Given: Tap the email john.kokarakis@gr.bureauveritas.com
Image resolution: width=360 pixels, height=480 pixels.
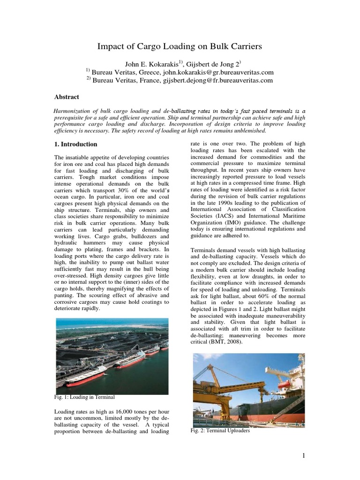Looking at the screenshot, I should (x=218, y=73).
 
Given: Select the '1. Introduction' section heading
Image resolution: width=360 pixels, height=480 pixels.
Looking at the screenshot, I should (x=76, y=144).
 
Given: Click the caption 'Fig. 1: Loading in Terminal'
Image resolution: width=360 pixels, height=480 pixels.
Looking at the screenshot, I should (x=85, y=397).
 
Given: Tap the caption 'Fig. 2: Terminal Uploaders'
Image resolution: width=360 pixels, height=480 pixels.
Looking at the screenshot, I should (x=220, y=431).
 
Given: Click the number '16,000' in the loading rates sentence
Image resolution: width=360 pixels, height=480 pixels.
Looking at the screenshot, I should (x=119, y=411).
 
